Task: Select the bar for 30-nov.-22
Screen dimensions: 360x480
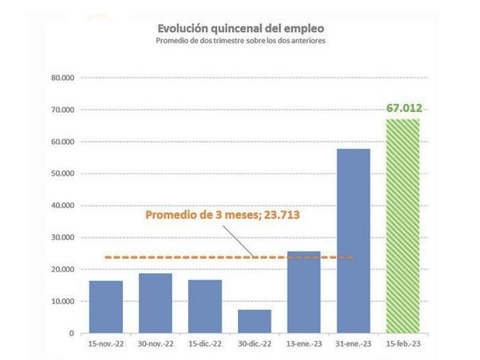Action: click(x=155, y=303)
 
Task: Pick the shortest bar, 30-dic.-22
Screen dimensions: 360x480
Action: click(x=255, y=321)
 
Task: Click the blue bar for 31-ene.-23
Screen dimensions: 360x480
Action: click(x=353, y=241)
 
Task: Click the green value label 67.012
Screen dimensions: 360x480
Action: click(x=404, y=108)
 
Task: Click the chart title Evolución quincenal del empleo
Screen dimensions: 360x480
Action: click(x=240, y=29)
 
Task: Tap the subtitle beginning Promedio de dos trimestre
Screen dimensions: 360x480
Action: click(x=240, y=40)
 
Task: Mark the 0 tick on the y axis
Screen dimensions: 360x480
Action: click(x=71, y=333)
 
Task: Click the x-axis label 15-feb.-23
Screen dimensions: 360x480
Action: click(x=403, y=344)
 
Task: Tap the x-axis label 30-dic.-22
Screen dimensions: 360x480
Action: click(x=255, y=344)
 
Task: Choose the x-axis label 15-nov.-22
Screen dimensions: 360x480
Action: click(x=106, y=344)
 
